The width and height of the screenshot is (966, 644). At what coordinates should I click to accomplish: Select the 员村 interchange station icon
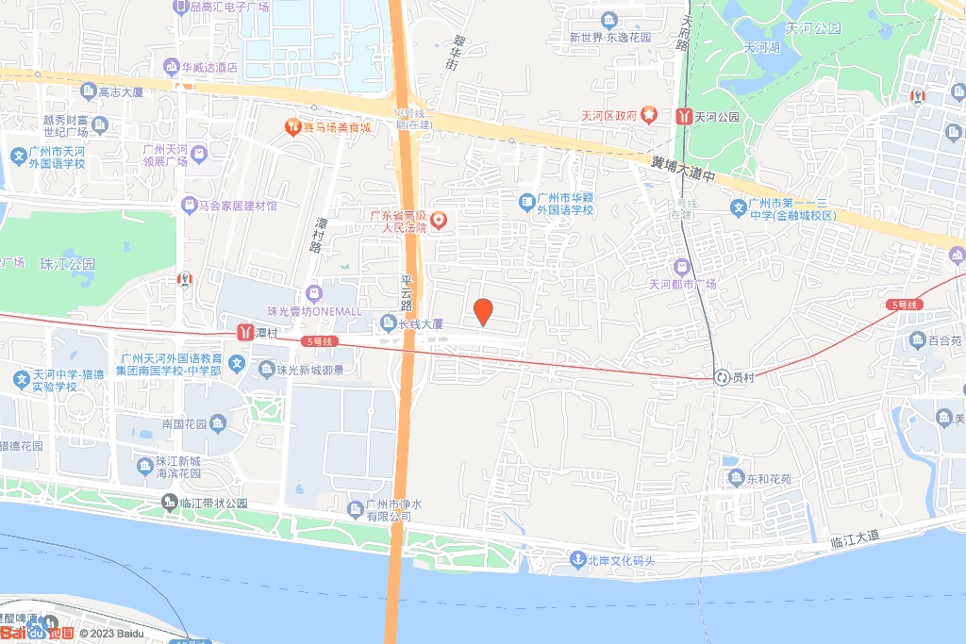pos(722,376)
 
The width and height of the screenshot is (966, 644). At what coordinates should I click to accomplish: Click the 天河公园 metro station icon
pos(683,116)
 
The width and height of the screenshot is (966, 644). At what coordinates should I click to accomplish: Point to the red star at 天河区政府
pos(650,115)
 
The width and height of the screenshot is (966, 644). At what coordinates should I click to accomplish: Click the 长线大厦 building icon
pos(387,324)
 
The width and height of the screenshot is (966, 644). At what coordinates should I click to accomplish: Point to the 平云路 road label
pos(407,294)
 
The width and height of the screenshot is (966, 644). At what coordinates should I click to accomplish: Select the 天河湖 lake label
pos(761,48)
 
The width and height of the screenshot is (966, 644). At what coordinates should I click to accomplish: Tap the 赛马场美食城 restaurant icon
pos(292,126)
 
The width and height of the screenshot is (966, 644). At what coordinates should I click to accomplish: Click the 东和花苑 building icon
pos(736,478)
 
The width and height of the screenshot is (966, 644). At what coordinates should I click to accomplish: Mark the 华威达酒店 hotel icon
pos(171,67)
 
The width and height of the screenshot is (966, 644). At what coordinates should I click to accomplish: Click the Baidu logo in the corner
pos(38,633)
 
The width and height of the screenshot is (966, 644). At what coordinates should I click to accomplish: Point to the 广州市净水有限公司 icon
pos(355,509)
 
